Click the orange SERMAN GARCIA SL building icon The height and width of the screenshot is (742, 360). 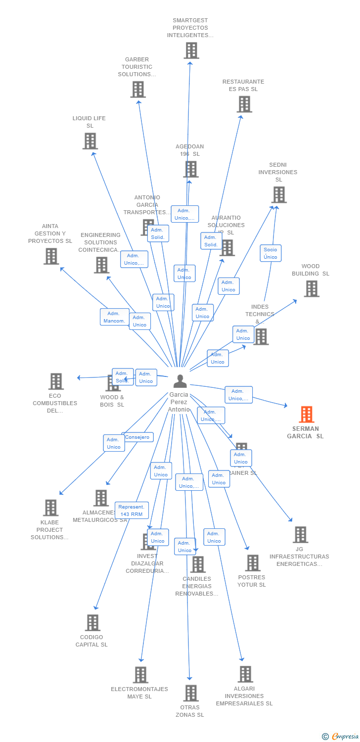pyautogui.click(x=307, y=415)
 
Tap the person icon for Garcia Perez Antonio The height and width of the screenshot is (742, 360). pyautogui.click(x=180, y=381)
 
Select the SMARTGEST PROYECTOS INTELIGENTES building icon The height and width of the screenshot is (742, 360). pyautogui.click(x=191, y=50)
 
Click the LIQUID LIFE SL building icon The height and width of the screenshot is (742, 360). pyautogui.click(x=90, y=141)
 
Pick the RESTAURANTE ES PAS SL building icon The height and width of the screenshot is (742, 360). pyautogui.click(x=244, y=104)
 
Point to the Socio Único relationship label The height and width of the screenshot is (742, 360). pyautogui.click(x=270, y=253)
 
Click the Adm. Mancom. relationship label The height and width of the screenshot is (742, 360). pyautogui.click(x=114, y=317)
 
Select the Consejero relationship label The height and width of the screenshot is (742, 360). pyautogui.click(x=137, y=437)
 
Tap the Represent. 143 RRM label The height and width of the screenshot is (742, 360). pyautogui.click(x=132, y=510)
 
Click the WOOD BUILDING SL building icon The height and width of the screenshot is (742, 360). pyautogui.click(x=312, y=288)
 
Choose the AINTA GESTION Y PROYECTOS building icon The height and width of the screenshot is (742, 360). pyautogui.click(x=51, y=256)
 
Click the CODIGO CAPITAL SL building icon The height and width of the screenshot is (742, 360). pyautogui.click(x=92, y=623)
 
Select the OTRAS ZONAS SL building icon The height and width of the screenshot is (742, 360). pyautogui.click(x=191, y=693)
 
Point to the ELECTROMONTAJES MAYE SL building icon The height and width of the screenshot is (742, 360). pyautogui.click(x=140, y=675)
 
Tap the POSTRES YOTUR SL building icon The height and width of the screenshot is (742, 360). pyautogui.click(x=253, y=563)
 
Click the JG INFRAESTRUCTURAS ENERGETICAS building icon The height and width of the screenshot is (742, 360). pyautogui.click(x=300, y=535)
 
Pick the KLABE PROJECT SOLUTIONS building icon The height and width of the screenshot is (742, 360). pyautogui.click(x=50, y=508)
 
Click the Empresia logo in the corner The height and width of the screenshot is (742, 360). pyautogui.click(x=340, y=737)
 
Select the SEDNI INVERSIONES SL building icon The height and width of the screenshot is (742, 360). pyautogui.click(x=279, y=195)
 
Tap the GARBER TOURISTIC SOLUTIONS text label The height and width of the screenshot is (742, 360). pyautogui.click(x=136, y=67)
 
